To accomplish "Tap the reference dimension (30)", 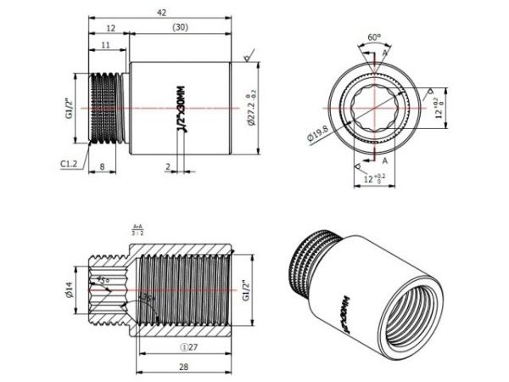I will pyautogui.click(x=180, y=28).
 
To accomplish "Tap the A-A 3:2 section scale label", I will pyautogui.click(x=137, y=229).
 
